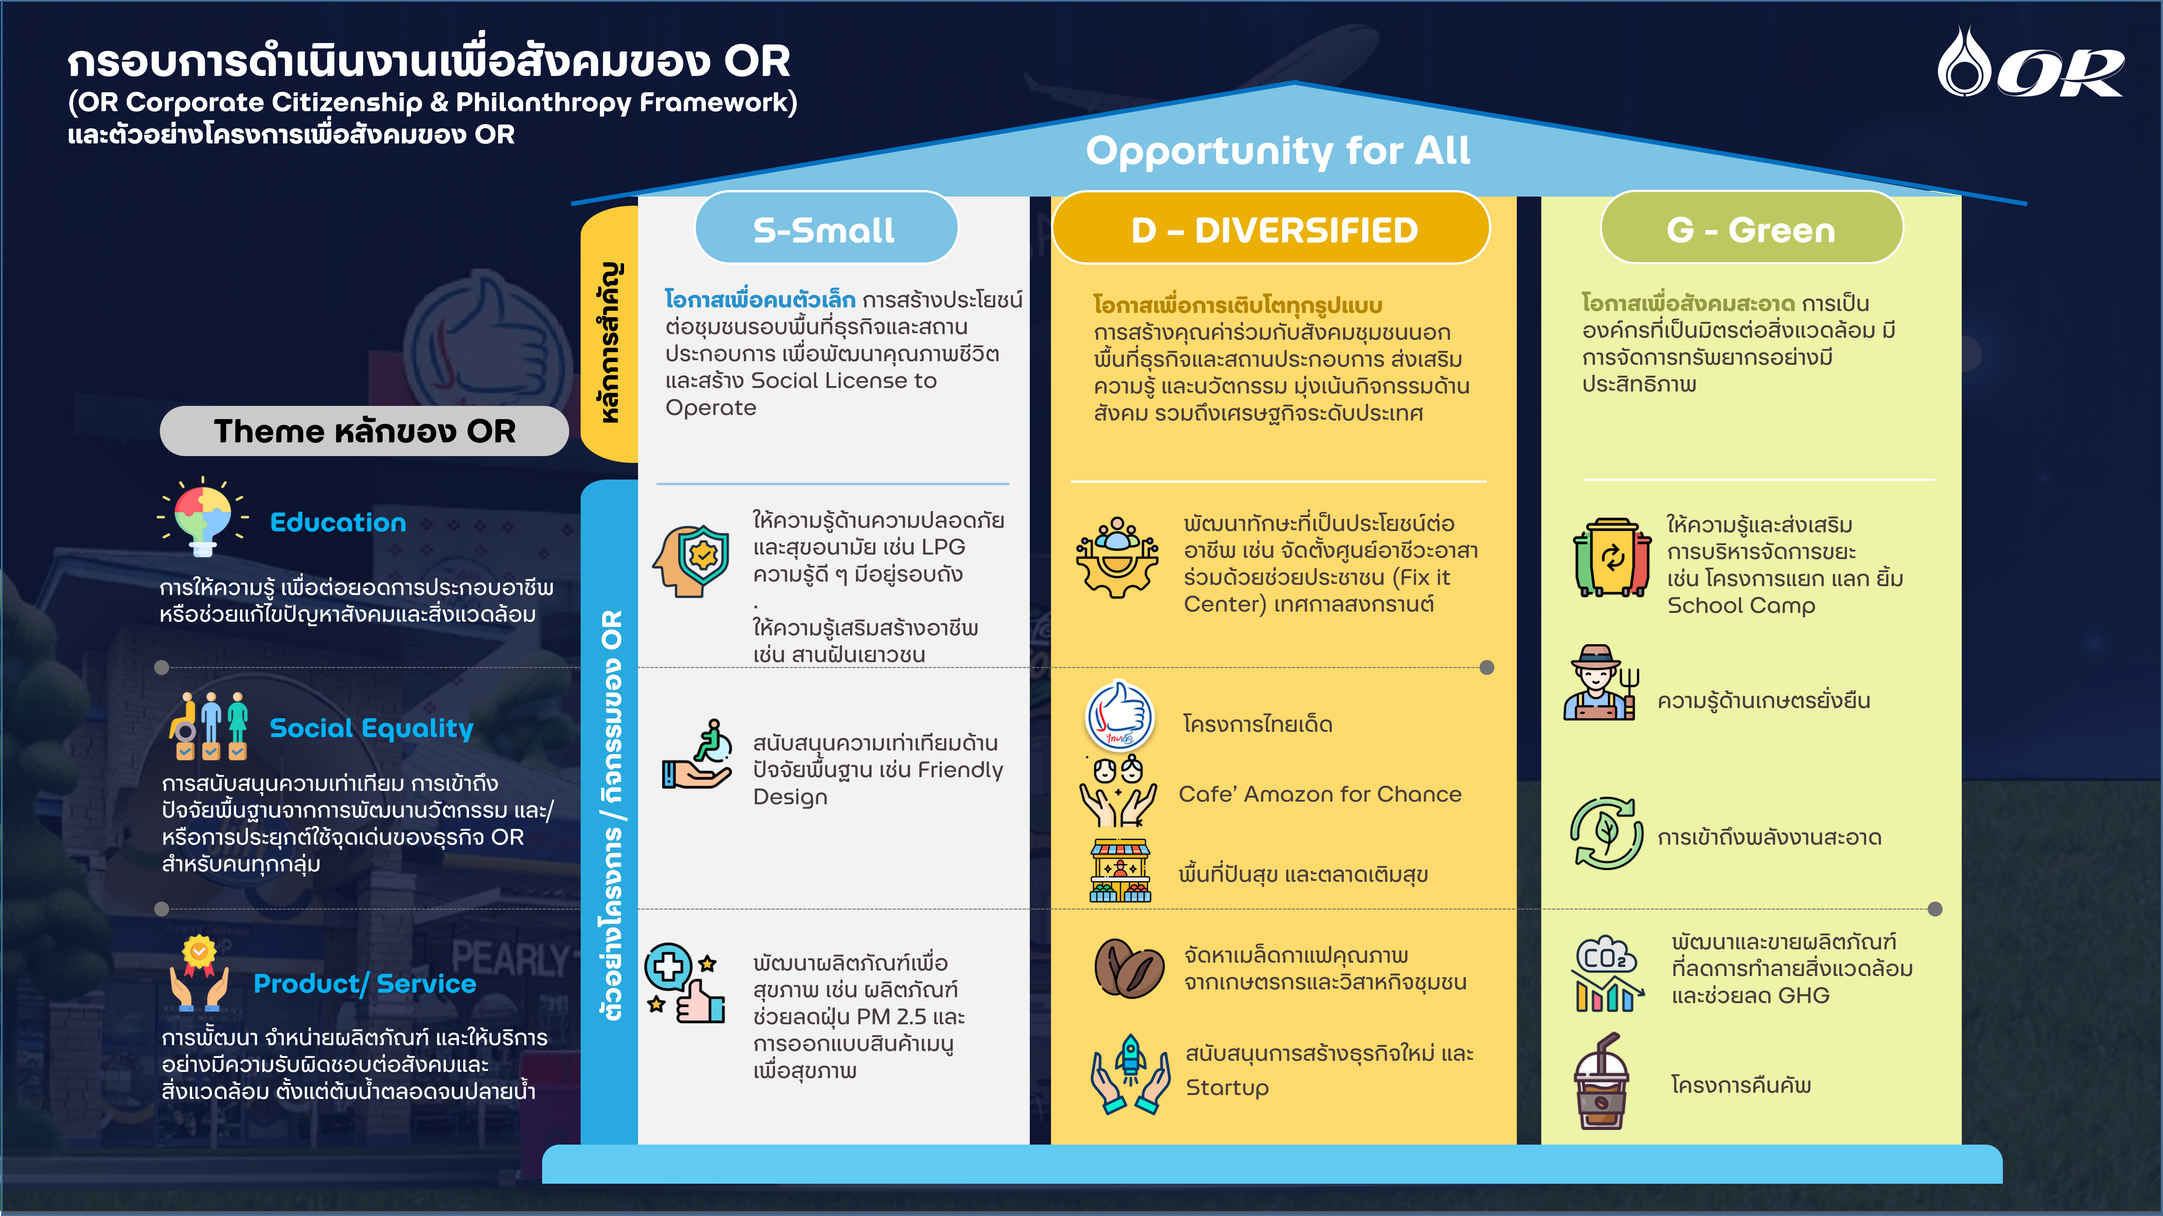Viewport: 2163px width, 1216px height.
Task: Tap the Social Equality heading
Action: point(371,728)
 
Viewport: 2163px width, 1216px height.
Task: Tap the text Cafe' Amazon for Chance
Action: point(1320,794)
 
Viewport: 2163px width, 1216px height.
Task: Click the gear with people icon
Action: point(1118,556)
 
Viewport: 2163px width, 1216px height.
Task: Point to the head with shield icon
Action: point(691,561)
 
